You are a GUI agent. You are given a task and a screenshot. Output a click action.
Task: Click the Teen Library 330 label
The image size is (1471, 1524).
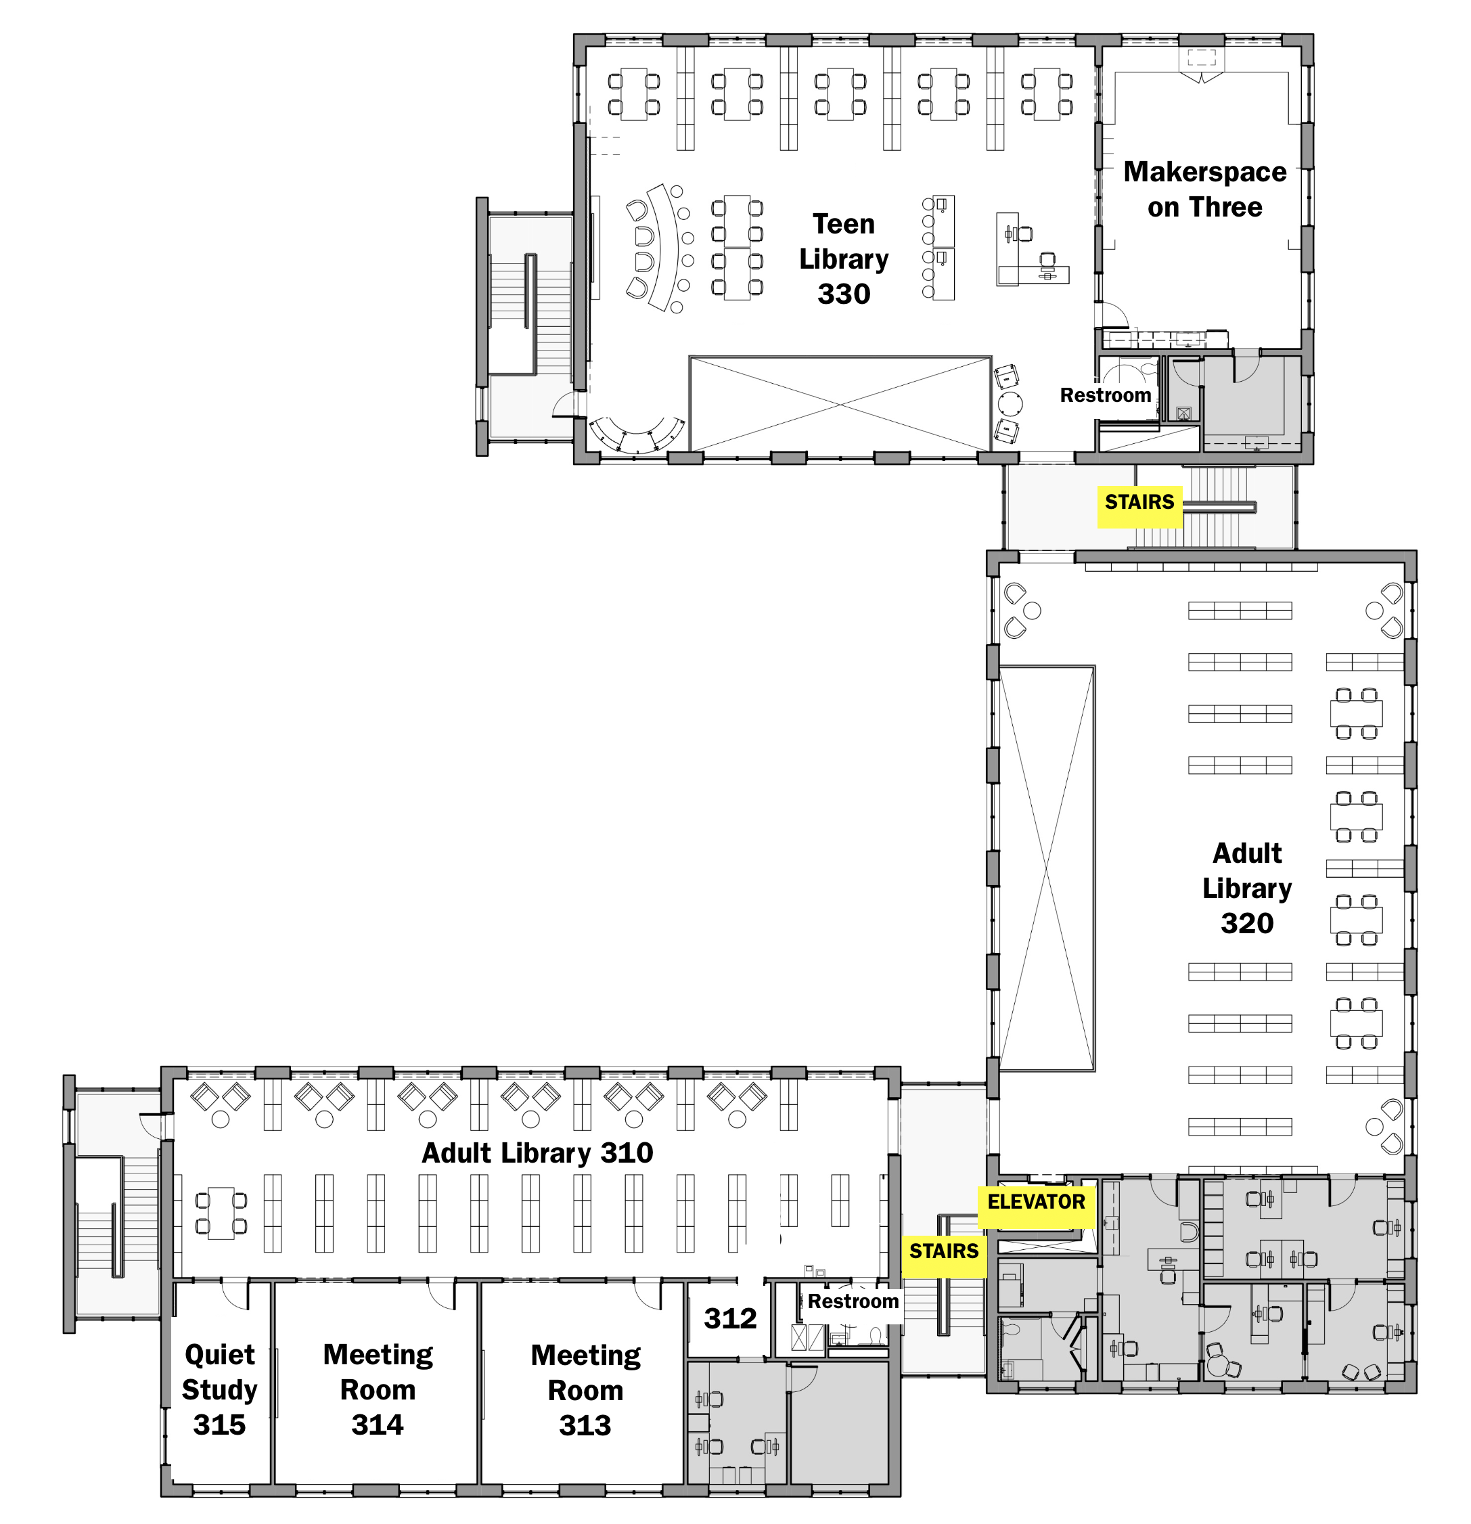(844, 259)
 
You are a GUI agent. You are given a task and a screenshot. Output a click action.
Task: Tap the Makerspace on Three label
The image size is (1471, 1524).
(1204, 189)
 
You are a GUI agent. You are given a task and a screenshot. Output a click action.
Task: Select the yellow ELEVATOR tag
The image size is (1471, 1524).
(1036, 1201)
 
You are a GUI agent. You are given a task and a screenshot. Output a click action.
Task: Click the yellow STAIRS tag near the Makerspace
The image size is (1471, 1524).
(1140, 502)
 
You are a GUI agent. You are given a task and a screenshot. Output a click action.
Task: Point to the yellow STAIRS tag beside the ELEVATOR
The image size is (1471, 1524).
(944, 1251)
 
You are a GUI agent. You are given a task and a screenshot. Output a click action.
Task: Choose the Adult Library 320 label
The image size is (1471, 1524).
(1247, 888)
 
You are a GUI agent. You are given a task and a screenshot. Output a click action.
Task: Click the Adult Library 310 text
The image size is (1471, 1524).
(537, 1152)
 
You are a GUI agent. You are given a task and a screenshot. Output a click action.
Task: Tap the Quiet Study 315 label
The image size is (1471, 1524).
(219, 1389)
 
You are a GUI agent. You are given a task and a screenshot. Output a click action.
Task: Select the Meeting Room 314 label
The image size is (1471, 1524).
(378, 1389)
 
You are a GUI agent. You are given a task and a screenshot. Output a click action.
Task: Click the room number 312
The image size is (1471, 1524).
(730, 1318)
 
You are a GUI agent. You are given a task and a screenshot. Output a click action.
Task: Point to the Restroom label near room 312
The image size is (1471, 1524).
(853, 1301)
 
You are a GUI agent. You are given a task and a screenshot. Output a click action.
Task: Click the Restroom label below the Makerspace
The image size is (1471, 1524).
(1106, 395)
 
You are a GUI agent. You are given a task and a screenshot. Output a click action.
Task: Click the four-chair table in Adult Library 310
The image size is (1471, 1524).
(221, 1213)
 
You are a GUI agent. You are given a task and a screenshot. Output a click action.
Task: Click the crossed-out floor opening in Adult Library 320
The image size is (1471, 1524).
(1047, 868)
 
